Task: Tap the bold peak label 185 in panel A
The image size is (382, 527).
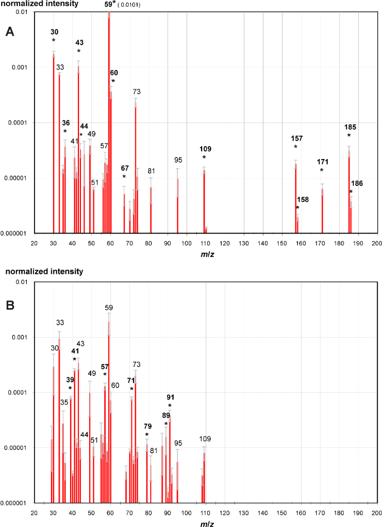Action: [350, 127]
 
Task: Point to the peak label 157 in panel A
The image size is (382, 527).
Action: [296, 138]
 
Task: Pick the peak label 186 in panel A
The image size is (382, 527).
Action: [357, 183]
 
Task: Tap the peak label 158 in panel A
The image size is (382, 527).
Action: [302, 199]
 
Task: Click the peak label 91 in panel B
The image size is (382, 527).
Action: [171, 397]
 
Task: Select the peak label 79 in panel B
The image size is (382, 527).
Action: [147, 426]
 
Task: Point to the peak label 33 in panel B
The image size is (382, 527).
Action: [60, 323]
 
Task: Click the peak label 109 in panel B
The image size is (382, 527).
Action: [205, 439]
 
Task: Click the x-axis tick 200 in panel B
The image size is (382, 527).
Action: [377, 513]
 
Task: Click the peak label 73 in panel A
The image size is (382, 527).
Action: [137, 92]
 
